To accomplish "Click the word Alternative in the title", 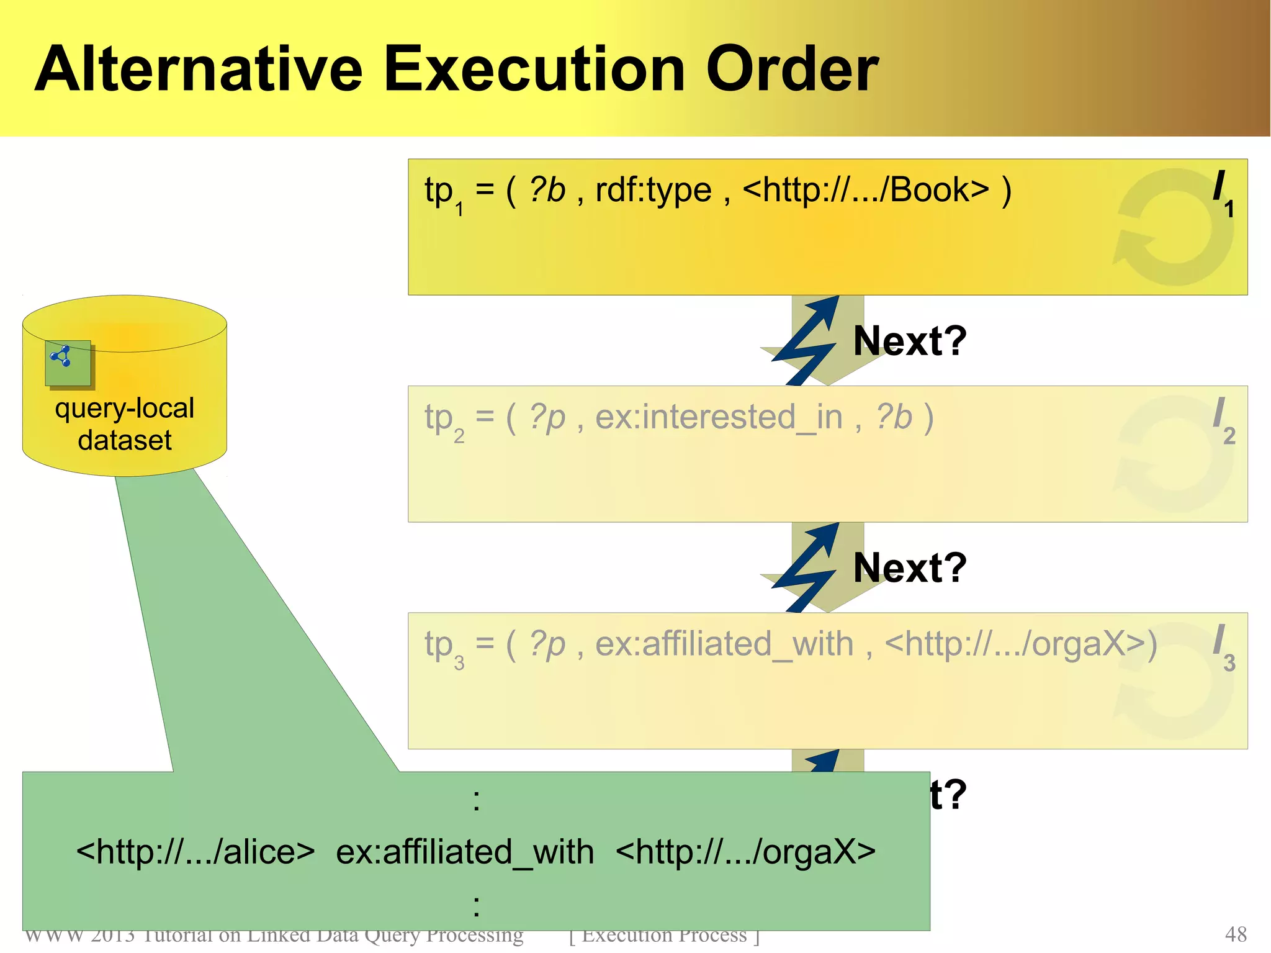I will tap(199, 70).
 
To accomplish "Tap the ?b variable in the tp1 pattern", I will tap(547, 190).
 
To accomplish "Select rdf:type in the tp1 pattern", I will tap(653, 190).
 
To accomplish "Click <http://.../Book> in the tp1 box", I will tap(865, 190).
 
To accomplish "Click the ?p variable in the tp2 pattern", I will tap(547, 417).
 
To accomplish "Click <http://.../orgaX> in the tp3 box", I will tap(1020, 644).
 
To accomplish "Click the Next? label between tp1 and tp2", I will tap(910, 341).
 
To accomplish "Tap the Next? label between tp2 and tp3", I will tap(910, 568).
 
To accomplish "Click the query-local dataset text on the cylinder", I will tap(125, 424).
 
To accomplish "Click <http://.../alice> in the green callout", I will tap(195, 852).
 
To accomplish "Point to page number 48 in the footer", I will tap(1236, 934).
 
